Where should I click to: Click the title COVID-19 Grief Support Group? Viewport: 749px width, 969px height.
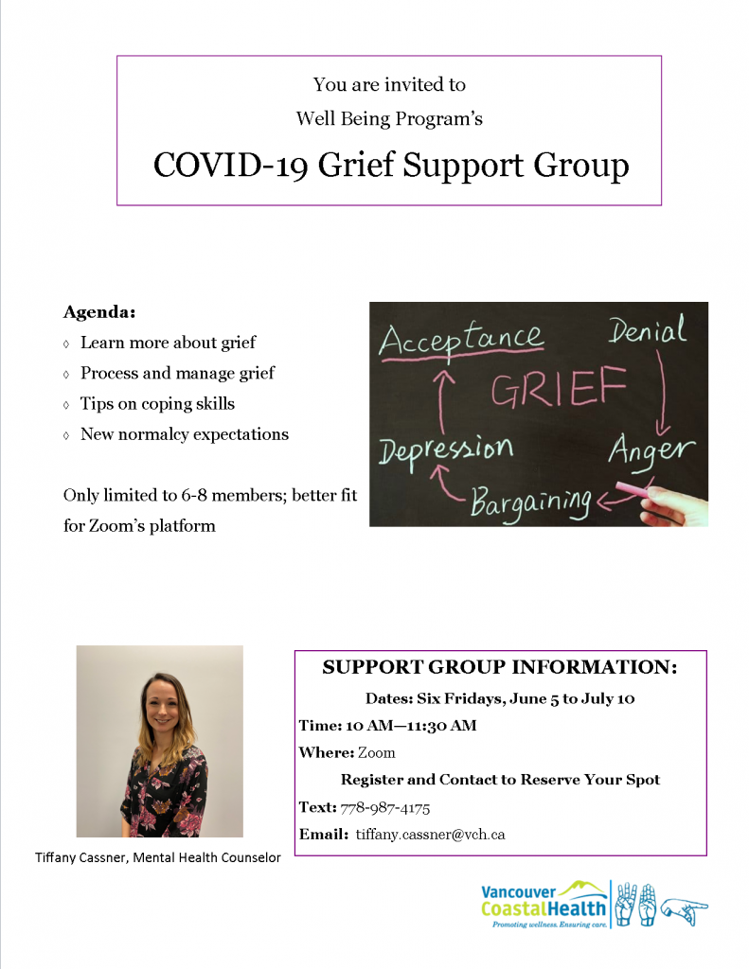tap(390, 166)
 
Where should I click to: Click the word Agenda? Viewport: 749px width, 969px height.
tap(99, 310)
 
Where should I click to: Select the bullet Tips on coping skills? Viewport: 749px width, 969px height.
tap(157, 403)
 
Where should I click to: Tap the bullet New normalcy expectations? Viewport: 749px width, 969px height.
tap(184, 434)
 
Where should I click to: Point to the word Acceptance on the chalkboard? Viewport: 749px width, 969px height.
tap(461, 339)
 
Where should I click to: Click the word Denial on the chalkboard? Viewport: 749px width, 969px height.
tap(647, 330)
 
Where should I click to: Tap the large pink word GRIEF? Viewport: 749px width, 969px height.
tap(559, 388)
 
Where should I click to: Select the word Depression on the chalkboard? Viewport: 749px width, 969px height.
tap(446, 449)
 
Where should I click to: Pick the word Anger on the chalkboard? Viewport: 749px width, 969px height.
tap(651, 449)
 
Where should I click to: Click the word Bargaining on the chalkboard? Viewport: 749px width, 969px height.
tap(531, 499)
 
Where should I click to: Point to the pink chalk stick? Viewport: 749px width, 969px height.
tap(637, 489)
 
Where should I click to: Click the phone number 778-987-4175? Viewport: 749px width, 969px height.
tap(384, 807)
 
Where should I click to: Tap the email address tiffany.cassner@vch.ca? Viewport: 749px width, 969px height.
tap(430, 835)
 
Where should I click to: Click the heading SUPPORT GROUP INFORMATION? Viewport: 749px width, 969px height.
tap(500, 667)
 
